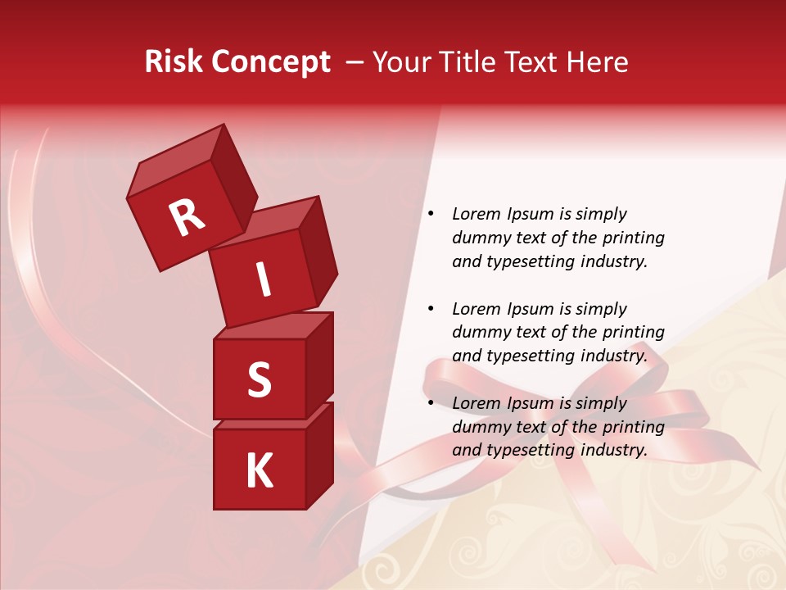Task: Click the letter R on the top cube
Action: click(187, 217)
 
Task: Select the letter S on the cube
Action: click(259, 379)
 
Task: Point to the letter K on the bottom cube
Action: click(259, 470)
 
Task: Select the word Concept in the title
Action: click(272, 62)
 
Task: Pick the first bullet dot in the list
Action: click(431, 215)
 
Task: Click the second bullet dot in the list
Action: click(431, 309)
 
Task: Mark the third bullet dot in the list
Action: click(431, 403)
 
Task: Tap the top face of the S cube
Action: click(270, 326)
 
